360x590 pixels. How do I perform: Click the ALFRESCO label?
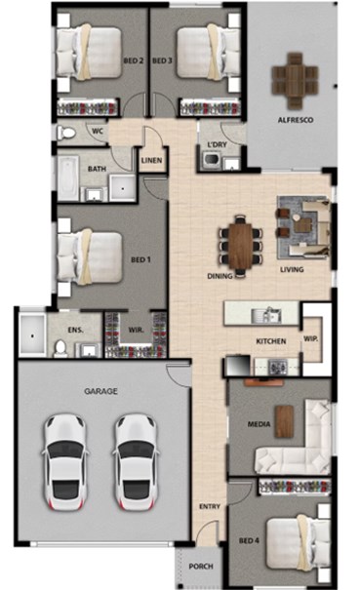[296, 120]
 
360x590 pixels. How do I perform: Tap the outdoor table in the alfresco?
[296, 80]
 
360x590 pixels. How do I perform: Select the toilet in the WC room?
[66, 133]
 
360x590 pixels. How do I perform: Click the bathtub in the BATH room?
[67, 178]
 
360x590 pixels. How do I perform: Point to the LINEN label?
[151, 160]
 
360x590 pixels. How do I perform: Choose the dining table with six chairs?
[240, 246]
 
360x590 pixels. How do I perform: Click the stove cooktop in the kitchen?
[277, 367]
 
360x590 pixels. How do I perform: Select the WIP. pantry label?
[310, 338]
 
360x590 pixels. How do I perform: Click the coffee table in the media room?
[284, 421]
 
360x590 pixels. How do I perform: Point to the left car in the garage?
[65, 462]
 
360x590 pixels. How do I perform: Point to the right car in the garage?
[136, 462]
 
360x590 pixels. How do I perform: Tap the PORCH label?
[201, 567]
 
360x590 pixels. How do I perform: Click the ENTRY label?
[210, 506]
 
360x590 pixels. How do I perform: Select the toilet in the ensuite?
[60, 348]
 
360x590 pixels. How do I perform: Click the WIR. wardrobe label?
[136, 330]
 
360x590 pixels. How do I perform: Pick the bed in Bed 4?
[298, 543]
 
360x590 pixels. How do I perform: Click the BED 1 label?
[140, 259]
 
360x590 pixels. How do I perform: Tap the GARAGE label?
[100, 391]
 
